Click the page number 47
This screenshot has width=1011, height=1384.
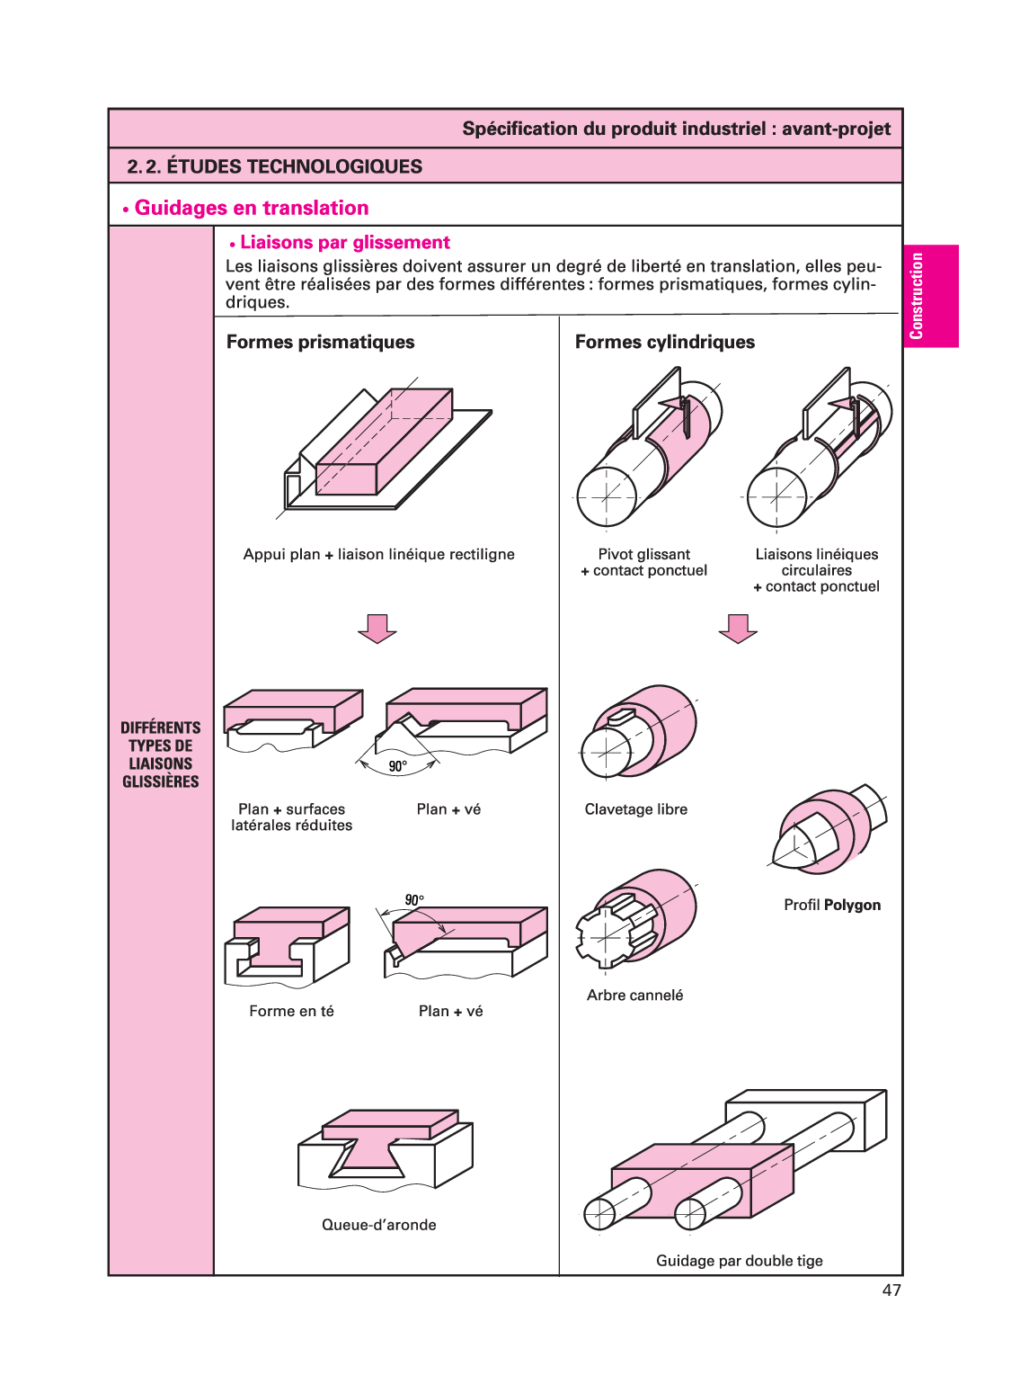point(891,1290)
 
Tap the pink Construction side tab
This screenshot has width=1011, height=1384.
point(931,296)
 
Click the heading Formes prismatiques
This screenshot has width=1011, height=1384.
point(320,342)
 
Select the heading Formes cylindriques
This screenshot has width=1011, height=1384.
point(664,342)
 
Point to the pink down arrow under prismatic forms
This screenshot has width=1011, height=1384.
point(377,629)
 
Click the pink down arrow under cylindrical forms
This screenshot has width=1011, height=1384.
point(738,629)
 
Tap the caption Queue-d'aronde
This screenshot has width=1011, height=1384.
point(378,1225)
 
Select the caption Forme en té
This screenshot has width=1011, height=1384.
point(291,1011)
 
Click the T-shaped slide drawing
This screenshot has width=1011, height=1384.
point(288,947)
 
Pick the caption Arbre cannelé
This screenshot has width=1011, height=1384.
point(634,995)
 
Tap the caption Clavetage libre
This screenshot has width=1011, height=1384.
point(636,808)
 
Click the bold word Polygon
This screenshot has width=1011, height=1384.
point(852,906)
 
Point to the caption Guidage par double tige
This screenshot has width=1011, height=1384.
point(740,1261)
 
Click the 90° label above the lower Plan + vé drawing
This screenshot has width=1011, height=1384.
point(414,899)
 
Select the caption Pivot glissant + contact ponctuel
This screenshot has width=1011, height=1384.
point(644,562)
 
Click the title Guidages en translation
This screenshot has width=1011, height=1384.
point(252,208)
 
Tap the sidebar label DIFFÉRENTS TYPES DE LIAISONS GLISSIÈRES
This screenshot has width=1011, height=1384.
point(161,755)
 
